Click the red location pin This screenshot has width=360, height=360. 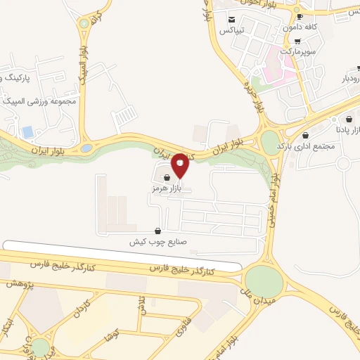[x=180, y=165]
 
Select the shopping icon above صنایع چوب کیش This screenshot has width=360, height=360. [x=157, y=231]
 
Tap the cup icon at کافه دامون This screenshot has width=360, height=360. [x=300, y=16]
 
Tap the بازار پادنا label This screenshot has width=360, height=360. [x=349, y=129]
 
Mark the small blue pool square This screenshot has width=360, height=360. [x=28, y=132]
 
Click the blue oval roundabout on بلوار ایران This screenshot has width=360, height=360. [x=86, y=148]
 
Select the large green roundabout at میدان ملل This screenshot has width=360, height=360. [x=264, y=280]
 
